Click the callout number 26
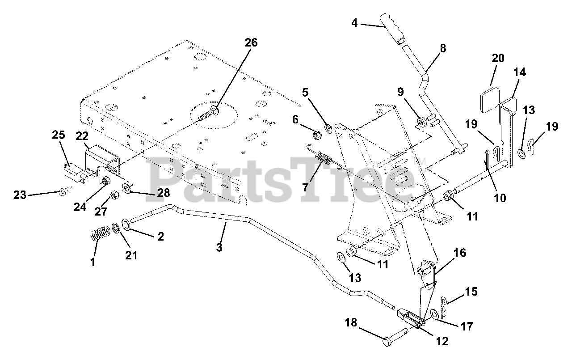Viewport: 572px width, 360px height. point(251,42)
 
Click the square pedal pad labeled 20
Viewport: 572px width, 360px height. point(490,100)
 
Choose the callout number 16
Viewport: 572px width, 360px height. point(460,253)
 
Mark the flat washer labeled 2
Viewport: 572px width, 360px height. point(126,224)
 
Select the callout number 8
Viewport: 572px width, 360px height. point(443,48)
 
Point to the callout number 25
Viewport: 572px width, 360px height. point(59,135)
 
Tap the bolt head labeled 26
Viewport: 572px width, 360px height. point(214,112)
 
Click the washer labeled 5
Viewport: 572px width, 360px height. point(328,128)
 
